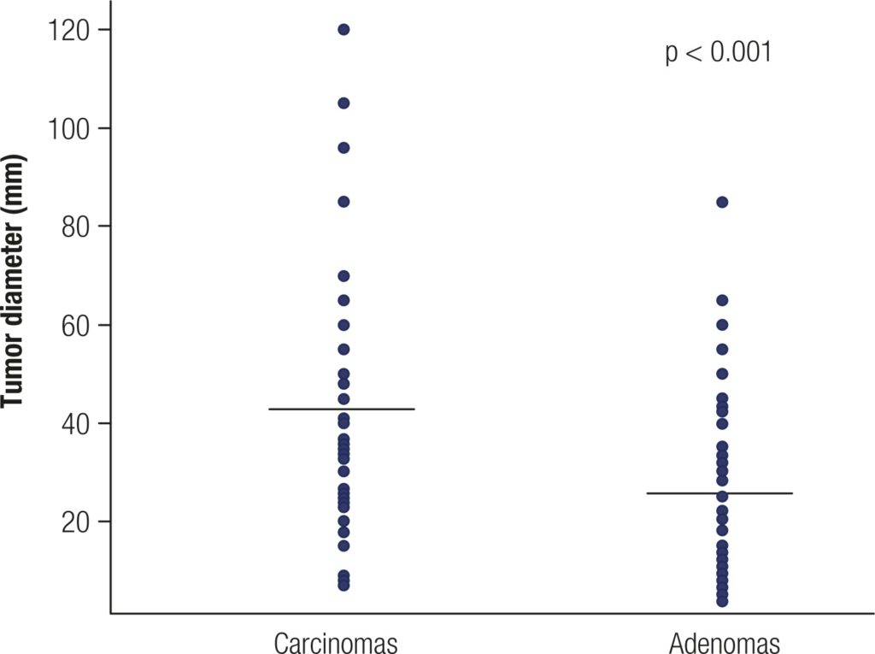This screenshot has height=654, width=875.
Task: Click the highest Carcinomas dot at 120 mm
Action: (x=344, y=30)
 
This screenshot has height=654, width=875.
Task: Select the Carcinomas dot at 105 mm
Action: (x=344, y=103)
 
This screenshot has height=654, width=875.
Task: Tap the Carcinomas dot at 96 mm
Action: (x=344, y=148)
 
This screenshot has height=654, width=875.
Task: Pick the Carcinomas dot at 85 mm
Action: (x=344, y=202)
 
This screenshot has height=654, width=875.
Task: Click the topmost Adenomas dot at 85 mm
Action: (x=722, y=202)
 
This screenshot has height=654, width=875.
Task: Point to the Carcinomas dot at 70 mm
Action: (x=344, y=276)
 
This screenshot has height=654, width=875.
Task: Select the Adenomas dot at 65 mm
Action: (x=722, y=300)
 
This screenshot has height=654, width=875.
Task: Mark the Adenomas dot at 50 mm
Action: (x=722, y=374)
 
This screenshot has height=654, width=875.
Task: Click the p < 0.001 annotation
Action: (x=718, y=54)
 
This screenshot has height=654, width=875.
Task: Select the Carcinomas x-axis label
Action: (x=336, y=641)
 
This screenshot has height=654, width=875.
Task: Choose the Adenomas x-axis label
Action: (x=725, y=641)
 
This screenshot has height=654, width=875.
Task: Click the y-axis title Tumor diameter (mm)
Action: (x=15, y=282)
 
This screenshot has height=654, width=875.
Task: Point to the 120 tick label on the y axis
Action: (x=68, y=30)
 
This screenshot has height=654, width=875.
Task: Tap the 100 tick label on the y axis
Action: (x=68, y=128)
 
